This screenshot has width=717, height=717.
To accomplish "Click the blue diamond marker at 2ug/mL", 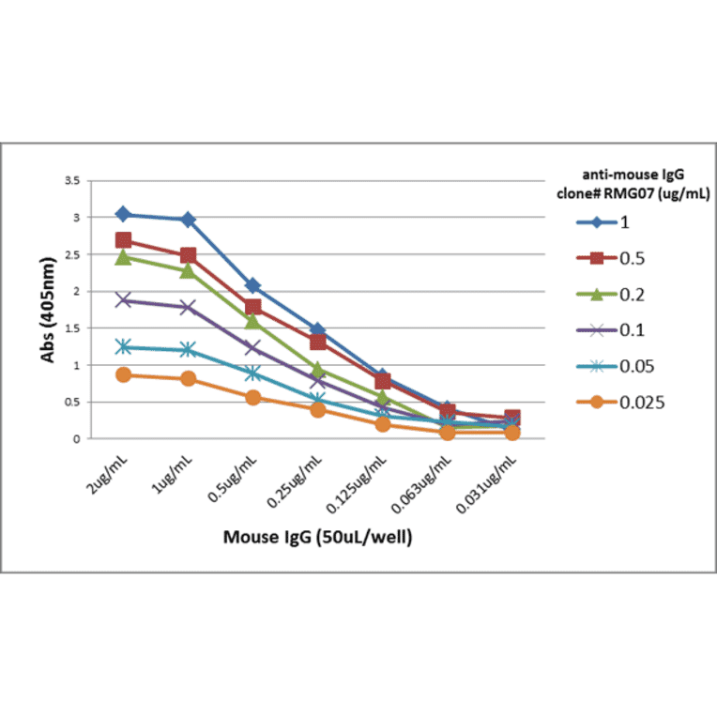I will [x=123, y=215].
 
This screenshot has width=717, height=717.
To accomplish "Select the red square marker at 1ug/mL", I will [x=188, y=255].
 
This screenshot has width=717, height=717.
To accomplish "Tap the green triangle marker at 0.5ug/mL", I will [x=252, y=321].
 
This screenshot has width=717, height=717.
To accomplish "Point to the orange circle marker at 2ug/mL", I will [x=123, y=374].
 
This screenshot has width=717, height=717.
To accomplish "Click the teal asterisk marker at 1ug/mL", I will [x=188, y=350].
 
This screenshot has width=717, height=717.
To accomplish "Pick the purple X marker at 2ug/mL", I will [x=123, y=300].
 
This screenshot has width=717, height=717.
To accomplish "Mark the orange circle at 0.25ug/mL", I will [x=317, y=409].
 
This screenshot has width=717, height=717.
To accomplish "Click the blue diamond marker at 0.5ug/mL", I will [x=252, y=285].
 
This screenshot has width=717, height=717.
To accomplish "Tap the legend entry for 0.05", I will [x=609, y=367].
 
